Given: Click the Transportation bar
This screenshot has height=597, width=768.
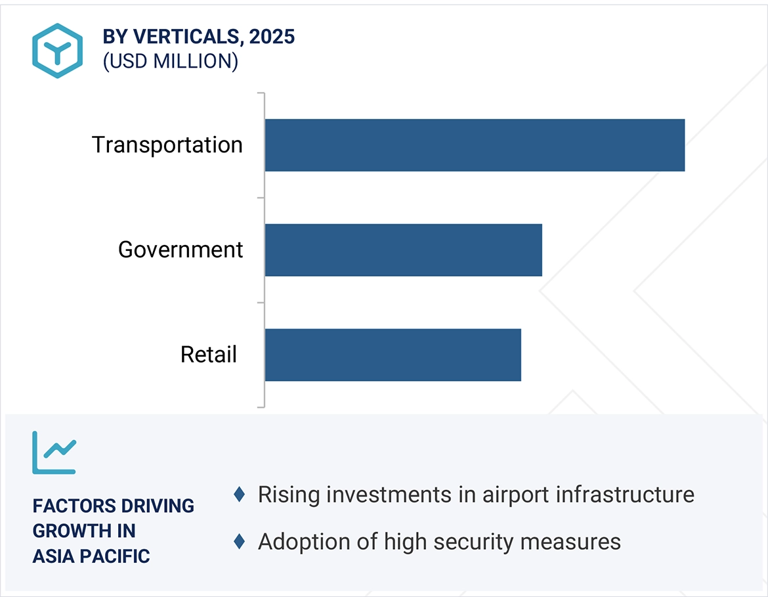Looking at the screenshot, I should (475, 145).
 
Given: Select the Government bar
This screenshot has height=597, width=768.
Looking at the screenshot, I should (403, 250).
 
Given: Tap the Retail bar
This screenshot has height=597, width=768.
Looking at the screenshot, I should (393, 355).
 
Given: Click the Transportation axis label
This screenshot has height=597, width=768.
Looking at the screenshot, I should (167, 144).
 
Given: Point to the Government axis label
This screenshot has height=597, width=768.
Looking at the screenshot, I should (181, 250).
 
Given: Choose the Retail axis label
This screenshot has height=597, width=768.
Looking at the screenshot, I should (208, 355).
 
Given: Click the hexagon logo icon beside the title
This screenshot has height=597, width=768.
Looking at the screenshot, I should (57, 51).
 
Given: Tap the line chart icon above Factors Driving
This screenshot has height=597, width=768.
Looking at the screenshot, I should (54, 453).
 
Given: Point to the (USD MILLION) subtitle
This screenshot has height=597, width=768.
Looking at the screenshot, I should (170, 61).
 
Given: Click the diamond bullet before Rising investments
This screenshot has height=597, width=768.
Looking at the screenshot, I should (240, 494).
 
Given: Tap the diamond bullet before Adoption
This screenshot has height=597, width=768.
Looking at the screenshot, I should (240, 542).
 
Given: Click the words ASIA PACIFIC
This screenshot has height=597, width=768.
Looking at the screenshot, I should (91, 556).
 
